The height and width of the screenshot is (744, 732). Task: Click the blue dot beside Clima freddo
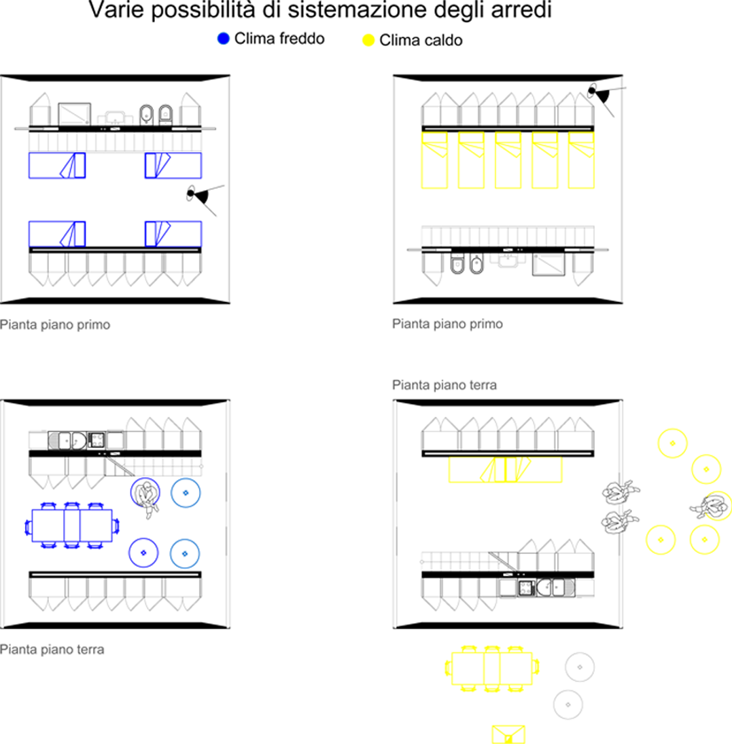pyautogui.click(x=223, y=39)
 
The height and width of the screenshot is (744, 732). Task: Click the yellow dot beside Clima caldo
pyautogui.click(x=368, y=40)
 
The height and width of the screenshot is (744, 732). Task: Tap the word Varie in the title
pyautogui.click(x=116, y=10)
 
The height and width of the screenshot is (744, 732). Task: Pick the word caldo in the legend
pyautogui.click(x=443, y=40)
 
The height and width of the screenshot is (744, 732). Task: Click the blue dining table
pyautogui.click(x=72, y=525)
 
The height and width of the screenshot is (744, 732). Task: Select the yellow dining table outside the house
pyautogui.click(x=491, y=668)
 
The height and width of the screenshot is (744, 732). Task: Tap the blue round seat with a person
pyautogui.click(x=145, y=493)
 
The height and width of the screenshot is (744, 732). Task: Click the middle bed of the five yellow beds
pyautogui.click(x=508, y=160)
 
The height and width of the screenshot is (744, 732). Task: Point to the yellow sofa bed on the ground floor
pyautogui.click(x=506, y=469)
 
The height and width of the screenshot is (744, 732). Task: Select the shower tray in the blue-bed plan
pyautogui.click(x=75, y=115)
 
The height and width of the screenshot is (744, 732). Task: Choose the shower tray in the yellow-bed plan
pyautogui.click(x=548, y=265)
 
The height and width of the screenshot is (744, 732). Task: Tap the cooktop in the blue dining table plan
pyautogui.click(x=97, y=439)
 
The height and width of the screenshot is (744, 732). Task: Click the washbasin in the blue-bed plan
pyautogui.click(x=115, y=117)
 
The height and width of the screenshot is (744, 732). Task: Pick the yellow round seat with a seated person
pyautogui.click(x=716, y=506)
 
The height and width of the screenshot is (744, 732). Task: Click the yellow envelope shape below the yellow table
pyautogui.click(x=508, y=734)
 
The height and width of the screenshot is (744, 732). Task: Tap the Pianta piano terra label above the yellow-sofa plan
pyautogui.click(x=444, y=385)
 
